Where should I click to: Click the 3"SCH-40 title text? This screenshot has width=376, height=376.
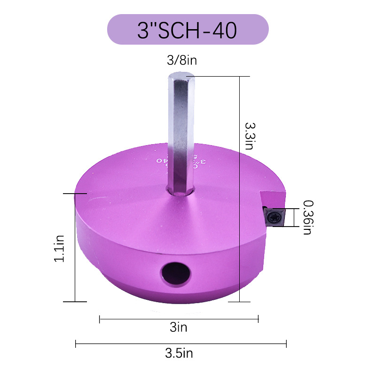click(188, 30)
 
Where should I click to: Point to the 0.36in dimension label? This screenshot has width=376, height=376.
click(308, 217)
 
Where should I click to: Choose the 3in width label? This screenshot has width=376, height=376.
click(179, 328)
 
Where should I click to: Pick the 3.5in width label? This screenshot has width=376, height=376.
click(179, 353)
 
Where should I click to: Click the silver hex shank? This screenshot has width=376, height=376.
click(180, 136)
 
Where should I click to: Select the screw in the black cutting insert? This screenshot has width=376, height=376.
click(274, 217)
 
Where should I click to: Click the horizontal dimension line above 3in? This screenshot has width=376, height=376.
click(179, 320)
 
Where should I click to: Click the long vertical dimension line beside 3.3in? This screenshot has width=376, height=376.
click(240, 188)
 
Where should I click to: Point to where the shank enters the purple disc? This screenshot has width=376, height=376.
click(180, 190)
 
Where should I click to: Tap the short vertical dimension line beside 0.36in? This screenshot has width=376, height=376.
click(294, 217)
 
